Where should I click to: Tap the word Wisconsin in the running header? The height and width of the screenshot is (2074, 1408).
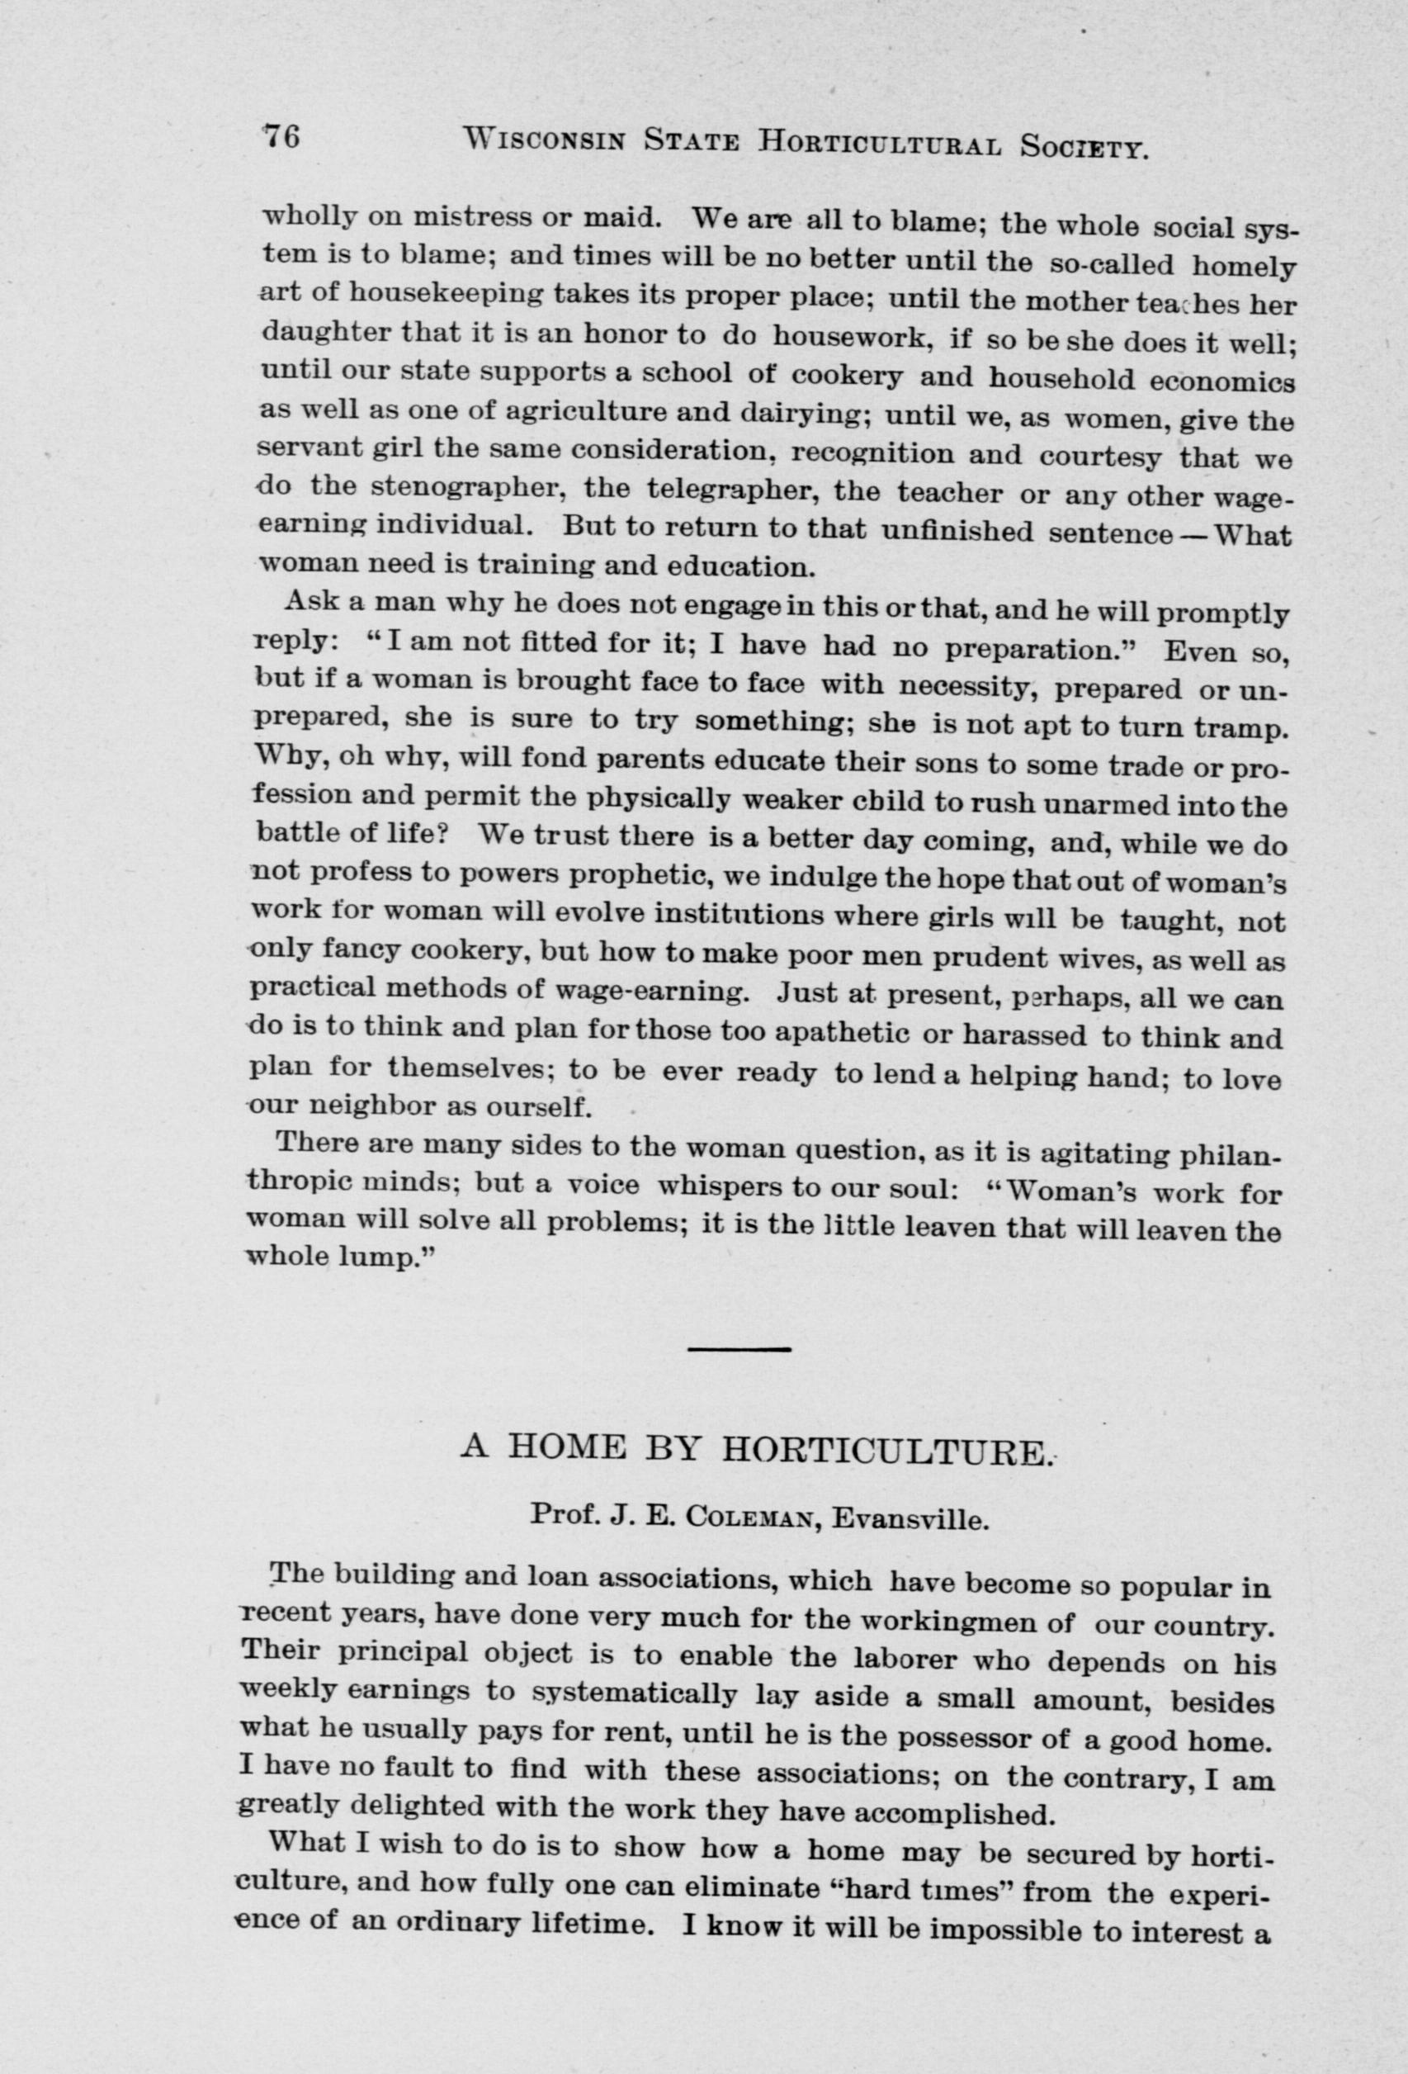[550, 140]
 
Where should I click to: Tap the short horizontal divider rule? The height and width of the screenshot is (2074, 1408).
[739, 1348]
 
